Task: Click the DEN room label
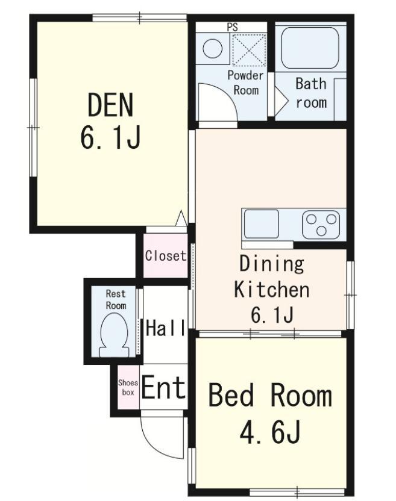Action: tap(110, 105)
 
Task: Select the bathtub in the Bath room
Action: tap(310, 48)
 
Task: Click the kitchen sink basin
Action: tap(262, 223)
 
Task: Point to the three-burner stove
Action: tap(321, 225)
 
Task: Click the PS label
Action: tap(233, 27)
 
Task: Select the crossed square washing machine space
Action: tap(249, 49)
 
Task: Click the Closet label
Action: tap(165, 255)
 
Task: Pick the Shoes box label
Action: tap(128, 387)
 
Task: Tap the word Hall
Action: tap(166, 328)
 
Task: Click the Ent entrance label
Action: tap(163, 387)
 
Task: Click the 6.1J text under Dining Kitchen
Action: tap(272, 315)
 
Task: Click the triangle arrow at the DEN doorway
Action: tap(181, 218)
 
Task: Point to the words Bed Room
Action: tap(270, 396)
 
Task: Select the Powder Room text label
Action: tap(245, 82)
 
